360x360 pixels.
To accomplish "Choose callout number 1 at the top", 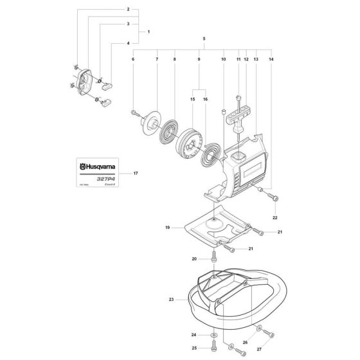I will (x=148, y=32).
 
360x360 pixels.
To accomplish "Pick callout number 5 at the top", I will (x=204, y=39).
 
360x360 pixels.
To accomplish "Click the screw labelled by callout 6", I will (x=136, y=114).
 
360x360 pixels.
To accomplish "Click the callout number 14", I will (x=271, y=59).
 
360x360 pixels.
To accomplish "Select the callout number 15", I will (x=192, y=100).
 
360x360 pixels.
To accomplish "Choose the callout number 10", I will (x=223, y=59).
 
